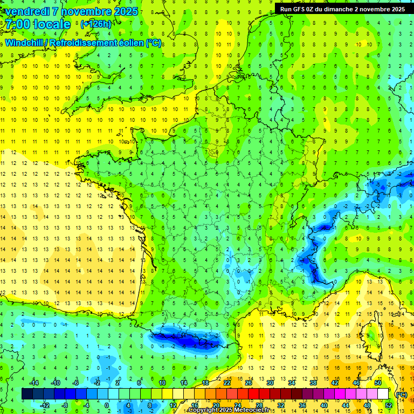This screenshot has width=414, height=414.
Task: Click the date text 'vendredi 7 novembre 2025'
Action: pos(70,11)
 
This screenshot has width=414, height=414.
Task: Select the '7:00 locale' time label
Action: pos(38,24)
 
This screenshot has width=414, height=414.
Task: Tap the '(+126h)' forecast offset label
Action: pos(96,24)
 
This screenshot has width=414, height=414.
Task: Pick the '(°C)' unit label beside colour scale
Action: pos(401,395)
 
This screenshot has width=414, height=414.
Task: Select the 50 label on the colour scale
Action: pos(378,383)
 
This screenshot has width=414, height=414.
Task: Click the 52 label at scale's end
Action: pos(389,405)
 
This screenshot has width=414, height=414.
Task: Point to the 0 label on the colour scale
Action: pos(107,405)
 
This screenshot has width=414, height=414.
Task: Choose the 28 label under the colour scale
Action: pos(259,405)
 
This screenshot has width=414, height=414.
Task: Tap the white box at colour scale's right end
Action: pos(383,394)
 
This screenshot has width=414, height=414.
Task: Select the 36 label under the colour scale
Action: pos(302,405)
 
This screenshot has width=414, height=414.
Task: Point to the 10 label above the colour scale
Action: pos(162,383)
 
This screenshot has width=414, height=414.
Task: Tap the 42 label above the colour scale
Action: pos(335,383)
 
